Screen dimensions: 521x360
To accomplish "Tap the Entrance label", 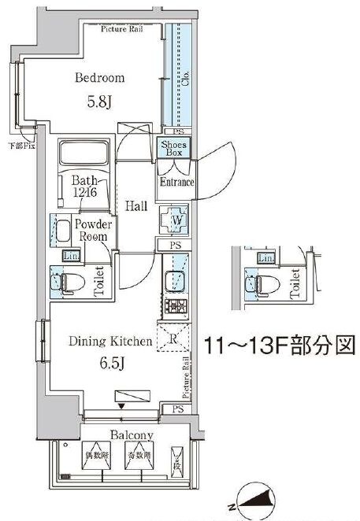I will (177, 183).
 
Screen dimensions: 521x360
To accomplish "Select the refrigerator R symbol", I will (173, 339).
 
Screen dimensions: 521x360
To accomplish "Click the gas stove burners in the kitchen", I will (173, 306).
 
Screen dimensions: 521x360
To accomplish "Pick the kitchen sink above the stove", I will (173, 280).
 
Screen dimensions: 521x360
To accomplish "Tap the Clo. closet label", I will (187, 79).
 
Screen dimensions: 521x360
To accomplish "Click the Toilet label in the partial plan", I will (295, 282).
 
